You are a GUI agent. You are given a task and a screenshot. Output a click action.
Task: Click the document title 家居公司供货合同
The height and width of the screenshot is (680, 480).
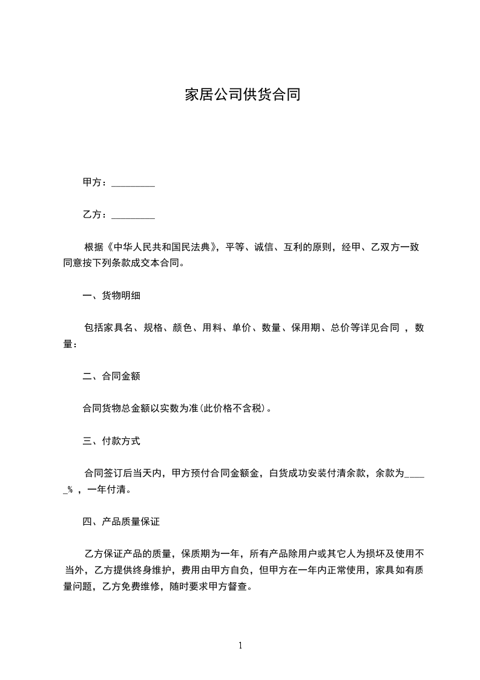tap(242, 95)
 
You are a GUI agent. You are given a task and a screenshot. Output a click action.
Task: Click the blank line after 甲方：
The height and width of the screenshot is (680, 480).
tap(134, 182)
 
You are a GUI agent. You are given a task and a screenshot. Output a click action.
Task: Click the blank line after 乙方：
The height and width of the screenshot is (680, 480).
tap(134, 215)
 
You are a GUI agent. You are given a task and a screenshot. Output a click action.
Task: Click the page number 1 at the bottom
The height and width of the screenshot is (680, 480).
tap(240, 645)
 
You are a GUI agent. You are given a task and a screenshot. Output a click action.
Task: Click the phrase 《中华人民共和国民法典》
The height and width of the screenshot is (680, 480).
tap(162, 247)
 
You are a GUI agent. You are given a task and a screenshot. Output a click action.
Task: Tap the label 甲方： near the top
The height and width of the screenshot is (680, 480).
tap(96, 182)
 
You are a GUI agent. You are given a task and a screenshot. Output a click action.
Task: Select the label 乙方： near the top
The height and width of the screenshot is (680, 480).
tap(96, 215)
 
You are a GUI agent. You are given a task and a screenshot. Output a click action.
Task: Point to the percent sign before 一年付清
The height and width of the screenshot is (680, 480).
tap(70, 490)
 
